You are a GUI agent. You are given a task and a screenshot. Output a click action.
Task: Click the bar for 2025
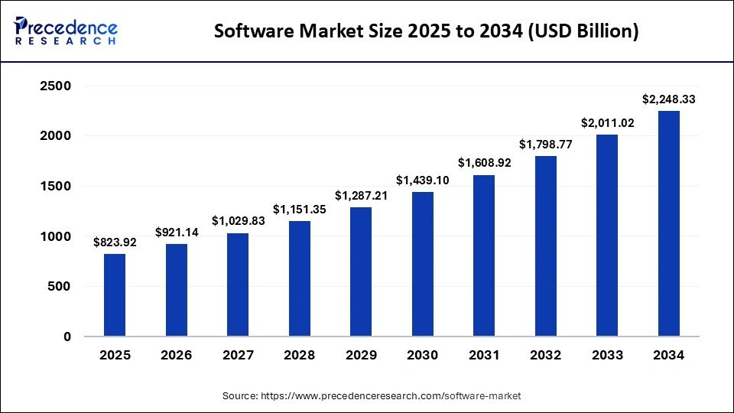pyautogui.click(x=115, y=295)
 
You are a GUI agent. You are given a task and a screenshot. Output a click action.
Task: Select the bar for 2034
pyautogui.click(x=668, y=223)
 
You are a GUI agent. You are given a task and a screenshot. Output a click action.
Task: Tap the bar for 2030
pyautogui.click(x=422, y=264)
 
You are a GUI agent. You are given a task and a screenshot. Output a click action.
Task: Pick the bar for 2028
pyautogui.click(x=299, y=278)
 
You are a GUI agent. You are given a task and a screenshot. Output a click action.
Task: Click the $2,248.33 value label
pyautogui.click(x=668, y=99)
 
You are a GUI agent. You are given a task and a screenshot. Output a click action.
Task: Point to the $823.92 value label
pyautogui.click(x=115, y=242)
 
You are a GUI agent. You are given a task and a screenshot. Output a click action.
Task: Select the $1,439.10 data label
pyautogui.click(x=422, y=180)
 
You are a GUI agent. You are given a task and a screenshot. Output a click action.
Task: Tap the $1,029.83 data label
pyautogui.click(x=238, y=221)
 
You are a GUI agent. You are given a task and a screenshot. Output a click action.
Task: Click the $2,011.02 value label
pyautogui.click(x=607, y=123)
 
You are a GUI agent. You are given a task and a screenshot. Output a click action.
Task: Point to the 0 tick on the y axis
pyautogui.click(x=67, y=337)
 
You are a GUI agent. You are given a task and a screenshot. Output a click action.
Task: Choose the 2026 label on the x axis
pyautogui.click(x=176, y=356)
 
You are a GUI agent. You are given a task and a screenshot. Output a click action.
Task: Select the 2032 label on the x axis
pyautogui.click(x=545, y=356)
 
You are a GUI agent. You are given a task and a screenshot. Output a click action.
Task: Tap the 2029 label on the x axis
pyautogui.click(x=361, y=356)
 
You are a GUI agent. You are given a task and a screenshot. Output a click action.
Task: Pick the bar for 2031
pyautogui.click(x=484, y=255)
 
